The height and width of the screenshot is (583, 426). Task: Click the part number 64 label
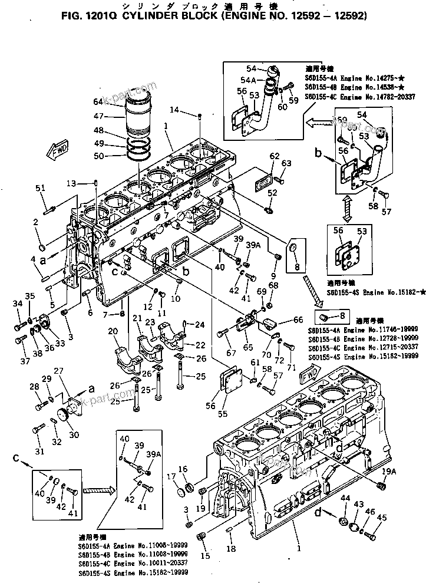[98, 102]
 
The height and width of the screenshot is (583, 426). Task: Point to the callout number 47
[98, 116]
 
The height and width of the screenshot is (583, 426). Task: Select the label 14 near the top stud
[175, 110]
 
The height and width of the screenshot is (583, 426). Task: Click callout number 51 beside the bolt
[40, 188]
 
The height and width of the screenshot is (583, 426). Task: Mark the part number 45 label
[382, 518]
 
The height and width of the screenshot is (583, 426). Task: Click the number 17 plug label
[171, 476]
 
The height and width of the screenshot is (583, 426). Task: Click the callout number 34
[17, 304]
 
